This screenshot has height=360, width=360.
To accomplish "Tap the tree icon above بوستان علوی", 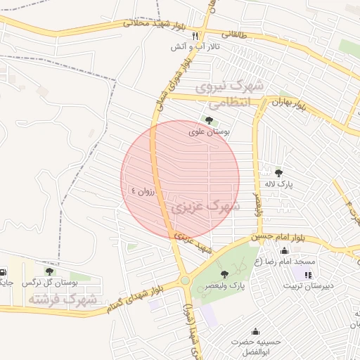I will [x=210, y=120].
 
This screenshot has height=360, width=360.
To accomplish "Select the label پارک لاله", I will [x=278, y=184].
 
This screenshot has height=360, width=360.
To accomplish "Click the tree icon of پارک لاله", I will [x=278, y=172].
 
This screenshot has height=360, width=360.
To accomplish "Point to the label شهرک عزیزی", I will [x=205, y=207].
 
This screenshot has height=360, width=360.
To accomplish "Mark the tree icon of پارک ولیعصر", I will [x=224, y=274].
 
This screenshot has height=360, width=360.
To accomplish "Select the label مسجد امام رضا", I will [x=285, y=262].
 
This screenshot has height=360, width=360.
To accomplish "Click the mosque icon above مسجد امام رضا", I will [x=285, y=250].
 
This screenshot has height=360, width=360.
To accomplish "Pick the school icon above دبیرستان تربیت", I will [x=308, y=274].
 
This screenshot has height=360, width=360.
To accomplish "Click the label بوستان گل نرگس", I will [x=49, y=282].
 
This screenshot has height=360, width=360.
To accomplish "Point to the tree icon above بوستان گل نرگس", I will [x=49, y=271].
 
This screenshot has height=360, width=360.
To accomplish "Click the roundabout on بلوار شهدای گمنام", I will [x=185, y=280].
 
